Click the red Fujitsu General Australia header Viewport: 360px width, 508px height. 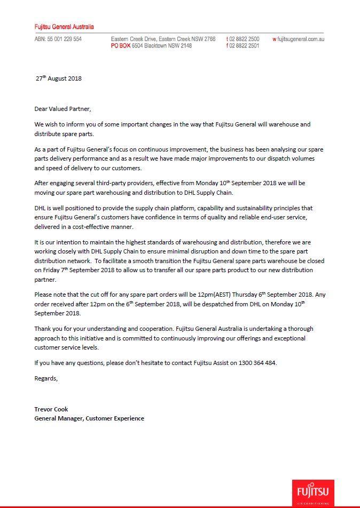coord(64,26)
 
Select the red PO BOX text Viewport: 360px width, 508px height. coord(121,46)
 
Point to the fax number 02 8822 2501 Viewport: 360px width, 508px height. coord(245,46)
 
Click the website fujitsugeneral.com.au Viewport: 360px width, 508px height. coord(301,39)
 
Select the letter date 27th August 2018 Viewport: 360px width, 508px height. coord(58,78)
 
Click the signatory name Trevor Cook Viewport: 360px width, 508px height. coord(51,409)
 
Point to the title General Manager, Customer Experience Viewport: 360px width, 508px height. coord(89,418)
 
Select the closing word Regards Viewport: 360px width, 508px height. coord(46,378)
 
